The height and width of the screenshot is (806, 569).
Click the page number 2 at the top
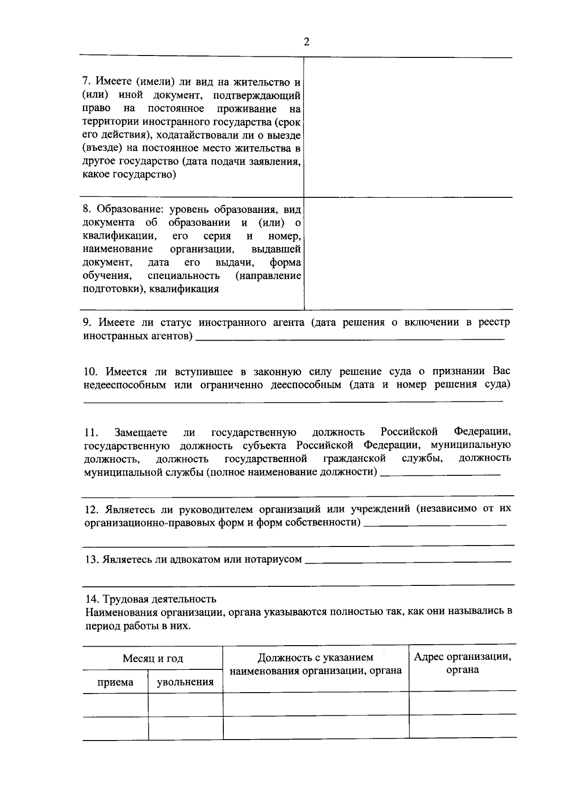pyautogui.click(x=306, y=42)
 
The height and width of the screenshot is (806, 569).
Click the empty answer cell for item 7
pyautogui.click(x=408, y=127)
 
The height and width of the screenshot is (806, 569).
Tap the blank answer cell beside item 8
pyautogui.click(x=408, y=253)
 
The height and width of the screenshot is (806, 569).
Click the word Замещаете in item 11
pyautogui.click(x=141, y=433)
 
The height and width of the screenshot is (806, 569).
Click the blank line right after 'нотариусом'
pyautogui.click(x=408, y=561)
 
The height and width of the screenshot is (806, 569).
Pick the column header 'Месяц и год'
pyautogui.click(x=153, y=658)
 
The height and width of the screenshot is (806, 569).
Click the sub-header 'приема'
pyautogui.click(x=115, y=683)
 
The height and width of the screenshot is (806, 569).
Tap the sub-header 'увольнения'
pyautogui.click(x=185, y=683)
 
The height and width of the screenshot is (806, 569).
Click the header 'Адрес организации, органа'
pyautogui.click(x=462, y=663)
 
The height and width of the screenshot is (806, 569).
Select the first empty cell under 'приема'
pyautogui.click(x=115, y=704)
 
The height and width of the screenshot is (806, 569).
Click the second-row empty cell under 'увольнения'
pyautogui.click(x=185, y=728)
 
